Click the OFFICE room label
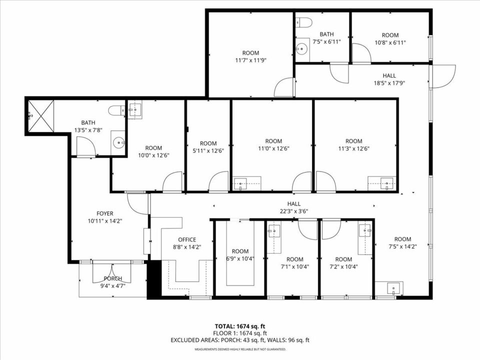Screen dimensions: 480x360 [x=187, y=239]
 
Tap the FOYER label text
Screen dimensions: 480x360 [x=104, y=213]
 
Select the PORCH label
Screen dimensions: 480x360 [x=113, y=278]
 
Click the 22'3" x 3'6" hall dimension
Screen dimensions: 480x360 [x=293, y=211]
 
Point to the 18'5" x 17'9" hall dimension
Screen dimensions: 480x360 [x=389, y=83]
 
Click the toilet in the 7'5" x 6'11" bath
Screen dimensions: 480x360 [x=303, y=22]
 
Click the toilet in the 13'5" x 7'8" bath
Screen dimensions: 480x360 [x=117, y=110]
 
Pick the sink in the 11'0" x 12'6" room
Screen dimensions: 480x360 [x=240, y=183]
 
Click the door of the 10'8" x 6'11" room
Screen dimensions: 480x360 [x=361, y=53]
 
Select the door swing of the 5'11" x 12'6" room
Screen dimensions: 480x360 [x=218, y=181]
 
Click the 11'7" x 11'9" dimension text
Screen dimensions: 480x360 [x=250, y=60]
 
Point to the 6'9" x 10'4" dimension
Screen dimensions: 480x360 [x=240, y=258]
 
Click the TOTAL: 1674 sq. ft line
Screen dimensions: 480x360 [x=240, y=326]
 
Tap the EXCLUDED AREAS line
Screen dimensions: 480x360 [x=240, y=340]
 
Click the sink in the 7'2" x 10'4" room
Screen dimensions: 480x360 [x=365, y=230]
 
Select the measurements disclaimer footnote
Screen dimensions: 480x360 [x=240, y=349]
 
